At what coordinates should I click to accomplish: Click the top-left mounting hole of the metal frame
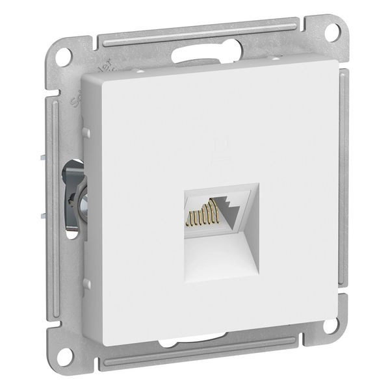63,57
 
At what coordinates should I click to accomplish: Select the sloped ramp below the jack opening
221,257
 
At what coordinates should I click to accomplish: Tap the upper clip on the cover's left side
86,133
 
